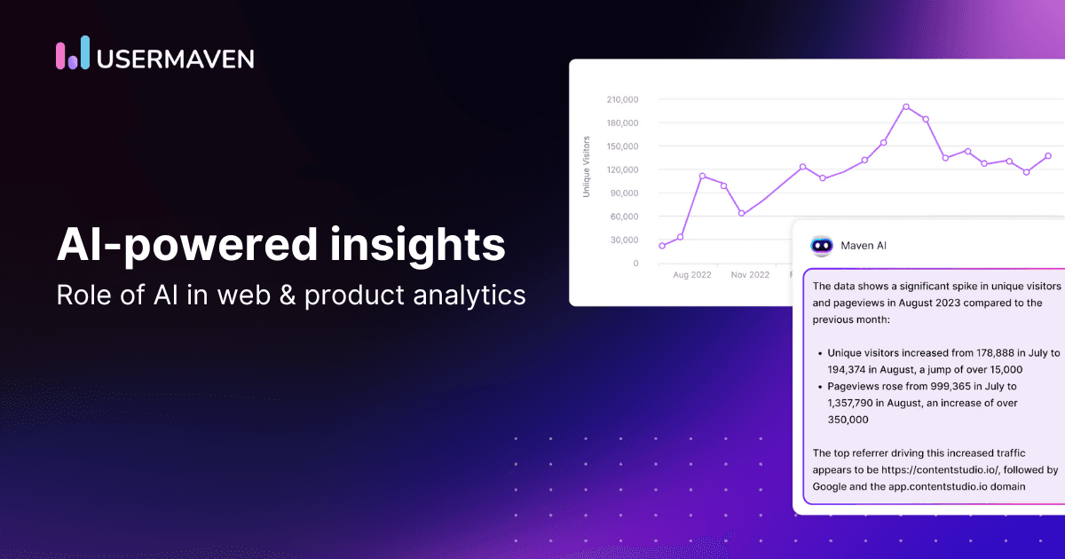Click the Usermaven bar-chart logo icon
tap(73, 53)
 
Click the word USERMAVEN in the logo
tap(177, 59)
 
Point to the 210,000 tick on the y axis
tap(622, 99)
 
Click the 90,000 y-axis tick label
tap(625, 193)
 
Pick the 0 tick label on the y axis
tap(635, 264)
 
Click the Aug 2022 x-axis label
tap(691, 275)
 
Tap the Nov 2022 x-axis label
tap(750, 275)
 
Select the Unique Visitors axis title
tap(586, 166)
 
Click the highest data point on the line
tap(906, 106)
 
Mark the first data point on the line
tap(662, 246)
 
